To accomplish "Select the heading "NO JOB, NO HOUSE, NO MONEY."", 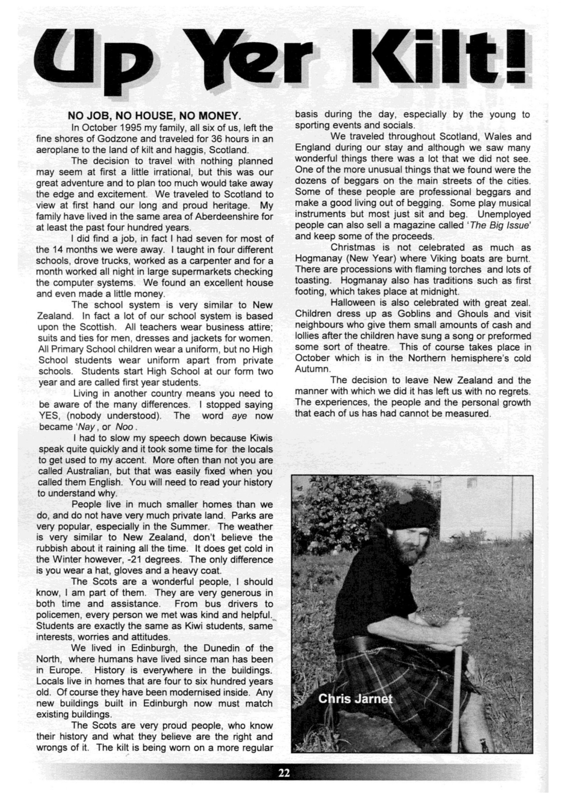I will point(154,116).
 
